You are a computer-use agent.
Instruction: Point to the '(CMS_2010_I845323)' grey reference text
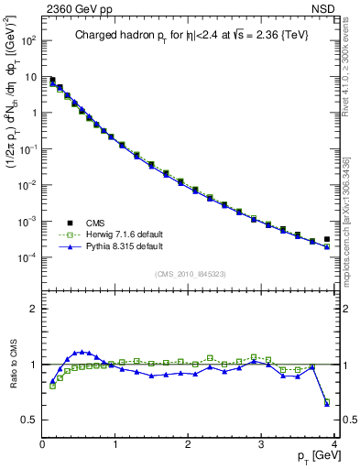point(189,272)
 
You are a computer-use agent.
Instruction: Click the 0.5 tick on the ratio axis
point(30,420)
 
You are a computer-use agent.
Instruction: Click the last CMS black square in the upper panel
point(327,239)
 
